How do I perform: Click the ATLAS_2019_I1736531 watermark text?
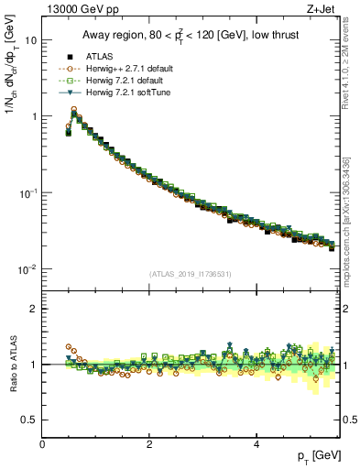coord(190,274)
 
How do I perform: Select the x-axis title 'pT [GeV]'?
coord(316,455)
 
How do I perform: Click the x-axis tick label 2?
coord(149,443)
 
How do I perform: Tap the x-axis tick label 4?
coord(256,443)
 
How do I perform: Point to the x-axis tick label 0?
coord(43,443)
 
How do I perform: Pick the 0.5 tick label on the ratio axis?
coord(28,420)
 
